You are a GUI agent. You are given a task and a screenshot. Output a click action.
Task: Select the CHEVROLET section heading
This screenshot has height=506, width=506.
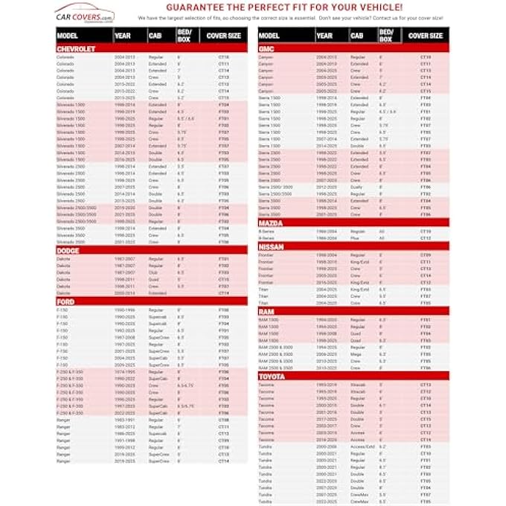[x=76, y=48]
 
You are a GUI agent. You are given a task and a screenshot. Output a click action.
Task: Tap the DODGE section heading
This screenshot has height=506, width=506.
[x=68, y=251]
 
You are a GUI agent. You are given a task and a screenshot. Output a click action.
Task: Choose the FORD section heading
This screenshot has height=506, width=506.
[x=65, y=301]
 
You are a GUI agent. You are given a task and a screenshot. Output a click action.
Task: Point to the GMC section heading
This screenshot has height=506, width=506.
[x=269, y=48]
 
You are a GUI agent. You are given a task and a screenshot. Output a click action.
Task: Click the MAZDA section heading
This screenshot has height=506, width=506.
[x=272, y=223]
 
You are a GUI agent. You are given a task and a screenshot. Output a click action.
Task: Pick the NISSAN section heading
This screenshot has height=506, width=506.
[x=273, y=246]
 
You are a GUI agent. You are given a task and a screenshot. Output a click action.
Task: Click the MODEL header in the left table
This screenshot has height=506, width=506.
[x=68, y=35]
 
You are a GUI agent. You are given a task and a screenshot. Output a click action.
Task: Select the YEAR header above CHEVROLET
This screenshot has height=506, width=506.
[x=123, y=35]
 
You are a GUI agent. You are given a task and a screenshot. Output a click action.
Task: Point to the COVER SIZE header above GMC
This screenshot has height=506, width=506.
[x=426, y=35]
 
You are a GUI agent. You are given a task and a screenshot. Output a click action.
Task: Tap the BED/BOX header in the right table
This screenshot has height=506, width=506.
[x=387, y=34]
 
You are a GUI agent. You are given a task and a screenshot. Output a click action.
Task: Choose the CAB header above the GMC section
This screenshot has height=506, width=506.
[x=357, y=35]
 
